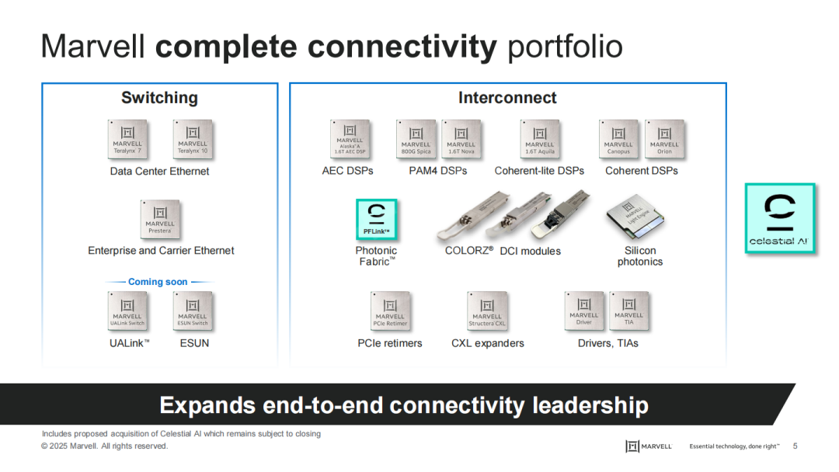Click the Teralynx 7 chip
coord(127,140)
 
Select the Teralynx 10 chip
coord(193,140)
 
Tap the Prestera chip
coord(160,220)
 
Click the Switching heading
coord(159,98)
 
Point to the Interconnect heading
coord(507,98)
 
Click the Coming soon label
coord(158,282)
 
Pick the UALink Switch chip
coord(127,311)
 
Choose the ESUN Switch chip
coord(193,311)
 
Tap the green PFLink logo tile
coord(377,219)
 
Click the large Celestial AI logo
coord(780,218)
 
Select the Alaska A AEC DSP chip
coord(350,140)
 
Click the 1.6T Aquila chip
coord(540,140)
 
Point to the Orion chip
coord(664,140)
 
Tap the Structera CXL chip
coord(487,311)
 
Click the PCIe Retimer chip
coord(390,311)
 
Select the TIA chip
coord(628,311)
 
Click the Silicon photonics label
coord(640,256)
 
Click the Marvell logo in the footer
coord(649,446)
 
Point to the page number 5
coord(795,446)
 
